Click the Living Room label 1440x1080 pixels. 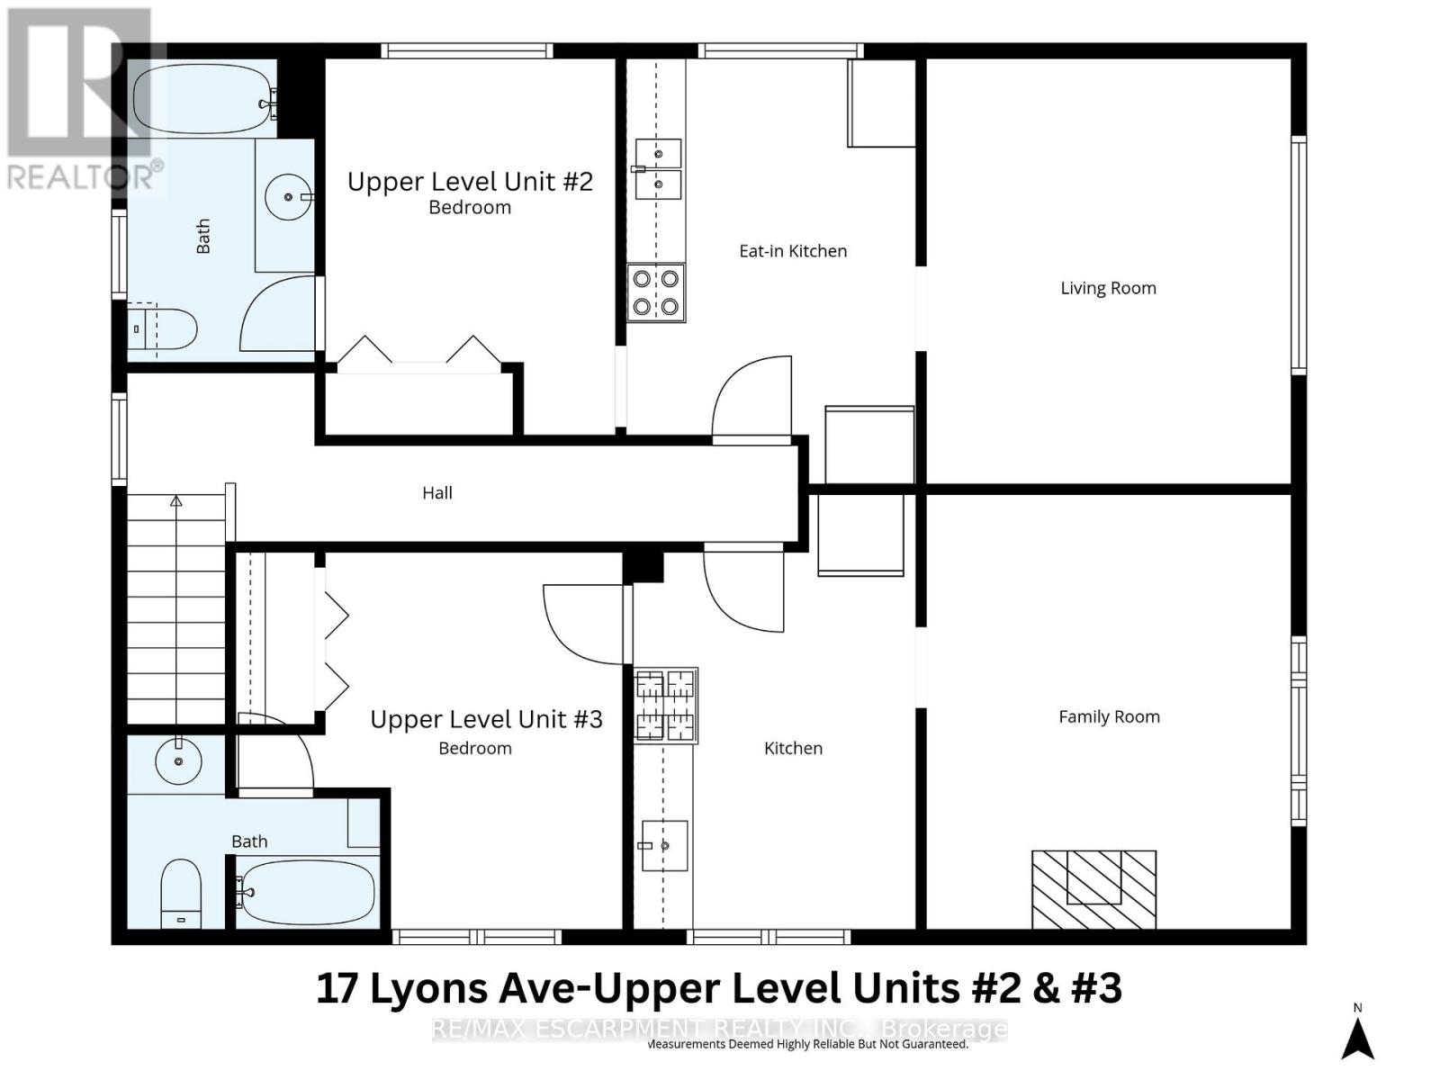tap(1108, 288)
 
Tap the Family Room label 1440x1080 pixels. tap(1109, 716)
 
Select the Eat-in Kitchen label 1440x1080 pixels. tap(793, 251)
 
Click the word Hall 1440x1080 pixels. tap(437, 492)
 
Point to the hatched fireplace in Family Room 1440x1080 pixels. tap(1093, 889)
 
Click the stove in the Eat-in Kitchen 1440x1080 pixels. tap(656, 292)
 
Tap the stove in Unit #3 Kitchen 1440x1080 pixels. tap(666, 706)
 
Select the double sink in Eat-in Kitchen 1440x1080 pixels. tap(658, 168)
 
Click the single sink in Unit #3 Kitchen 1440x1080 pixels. tap(664, 846)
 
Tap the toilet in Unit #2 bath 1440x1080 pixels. tap(166, 330)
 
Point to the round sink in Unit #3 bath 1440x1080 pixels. tap(178, 763)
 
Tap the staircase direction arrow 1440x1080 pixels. tap(176, 501)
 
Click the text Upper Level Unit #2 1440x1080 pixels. tap(470, 182)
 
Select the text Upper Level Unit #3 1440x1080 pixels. tap(486, 719)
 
